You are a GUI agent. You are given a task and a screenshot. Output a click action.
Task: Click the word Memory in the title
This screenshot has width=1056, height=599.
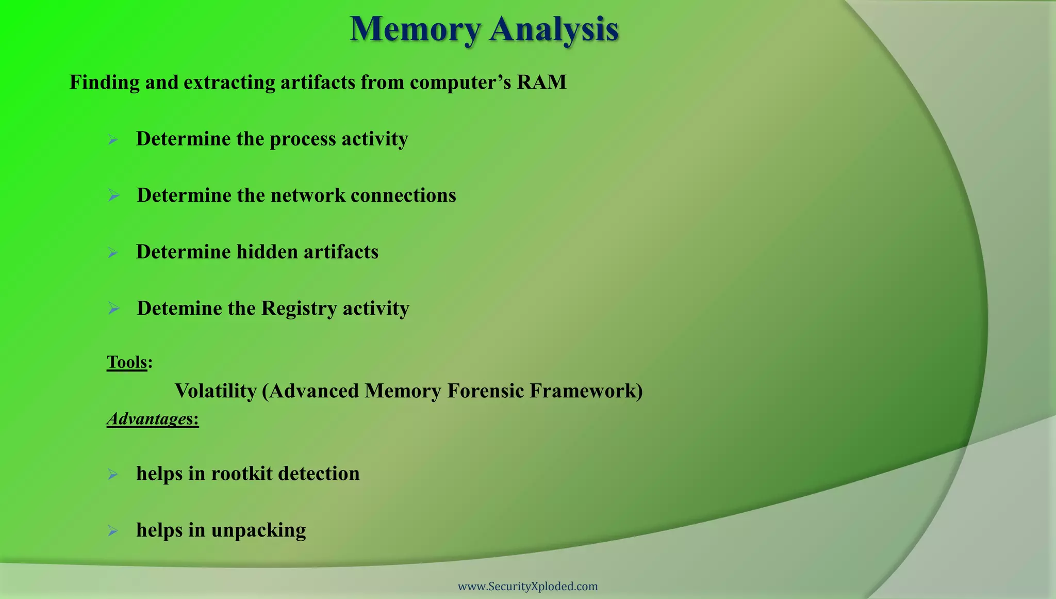click(x=415, y=29)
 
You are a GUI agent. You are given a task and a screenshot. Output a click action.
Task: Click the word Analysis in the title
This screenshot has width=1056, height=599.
click(x=554, y=29)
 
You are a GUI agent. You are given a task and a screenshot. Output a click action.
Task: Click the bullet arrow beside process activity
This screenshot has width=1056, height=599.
click(x=113, y=139)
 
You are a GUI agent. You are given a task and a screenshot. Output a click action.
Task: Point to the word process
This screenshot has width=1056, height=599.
click(x=303, y=139)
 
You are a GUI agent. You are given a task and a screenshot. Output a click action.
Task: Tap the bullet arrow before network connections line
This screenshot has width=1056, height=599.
click(x=113, y=196)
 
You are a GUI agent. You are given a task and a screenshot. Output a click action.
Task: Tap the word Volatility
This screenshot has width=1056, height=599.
click(x=216, y=391)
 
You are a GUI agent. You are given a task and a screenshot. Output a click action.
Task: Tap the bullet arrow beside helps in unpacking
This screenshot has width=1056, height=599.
click(x=113, y=530)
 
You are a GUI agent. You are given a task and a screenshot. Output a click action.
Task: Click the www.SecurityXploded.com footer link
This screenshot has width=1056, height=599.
click(x=527, y=587)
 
